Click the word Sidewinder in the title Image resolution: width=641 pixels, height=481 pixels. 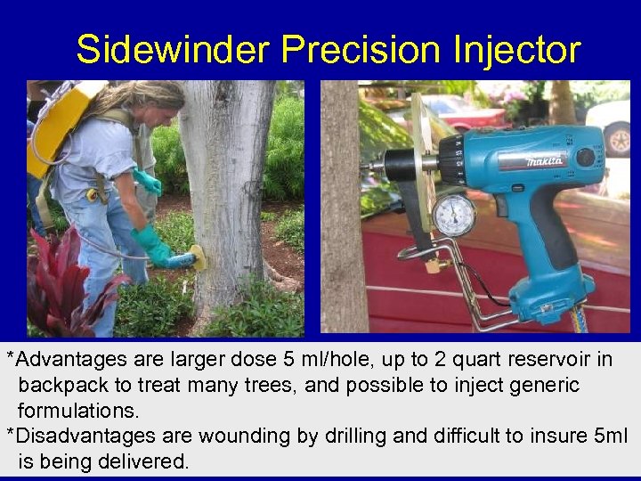click(172, 50)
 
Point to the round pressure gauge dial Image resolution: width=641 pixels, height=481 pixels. click(453, 215)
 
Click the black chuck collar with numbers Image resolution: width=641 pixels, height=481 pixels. click(452, 163)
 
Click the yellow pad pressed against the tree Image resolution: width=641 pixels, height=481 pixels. click(197, 257)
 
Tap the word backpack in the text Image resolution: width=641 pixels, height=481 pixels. click(60, 386)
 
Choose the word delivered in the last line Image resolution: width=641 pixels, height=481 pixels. click(143, 462)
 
